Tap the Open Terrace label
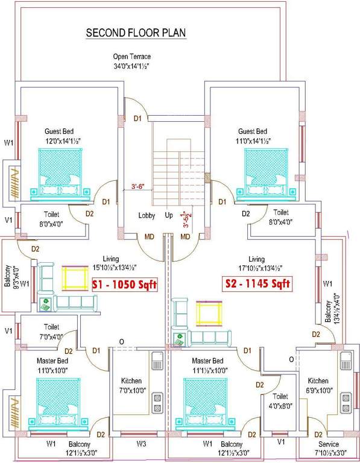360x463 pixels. [x=131, y=61]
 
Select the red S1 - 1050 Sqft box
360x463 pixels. [x=123, y=284]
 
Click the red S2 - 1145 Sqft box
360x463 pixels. [x=258, y=283]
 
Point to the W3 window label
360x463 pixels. [x=141, y=444]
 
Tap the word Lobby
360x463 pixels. [x=147, y=215]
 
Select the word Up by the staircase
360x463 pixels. [x=169, y=215]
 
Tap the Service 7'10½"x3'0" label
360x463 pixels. [x=329, y=449]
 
